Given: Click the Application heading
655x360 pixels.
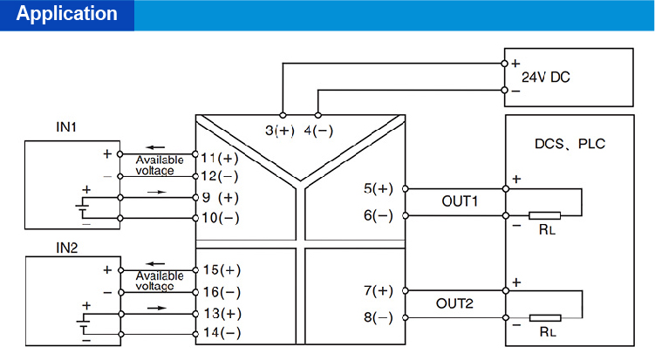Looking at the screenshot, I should tap(67, 15).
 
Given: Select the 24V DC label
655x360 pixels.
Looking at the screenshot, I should tap(545, 77).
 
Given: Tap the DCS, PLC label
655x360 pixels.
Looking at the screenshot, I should tap(569, 144).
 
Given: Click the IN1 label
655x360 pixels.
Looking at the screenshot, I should tap(67, 127).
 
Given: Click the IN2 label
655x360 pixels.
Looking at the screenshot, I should tap(67, 248).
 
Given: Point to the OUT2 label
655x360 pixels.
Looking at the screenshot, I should tap(454, 303).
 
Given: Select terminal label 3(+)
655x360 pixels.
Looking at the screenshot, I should tap(281, 131).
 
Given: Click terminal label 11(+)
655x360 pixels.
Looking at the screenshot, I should tap(220, 159).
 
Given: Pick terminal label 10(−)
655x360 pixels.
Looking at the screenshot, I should tap(220, 217).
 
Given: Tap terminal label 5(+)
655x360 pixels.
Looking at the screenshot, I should tap(379, 188).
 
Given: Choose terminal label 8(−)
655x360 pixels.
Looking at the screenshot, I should tap(379, 318).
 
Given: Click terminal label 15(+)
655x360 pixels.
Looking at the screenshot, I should tap(220, 269).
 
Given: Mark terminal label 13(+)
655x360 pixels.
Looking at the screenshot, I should tap(220, 313).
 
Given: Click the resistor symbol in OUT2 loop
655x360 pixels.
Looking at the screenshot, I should tap(545, 318).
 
